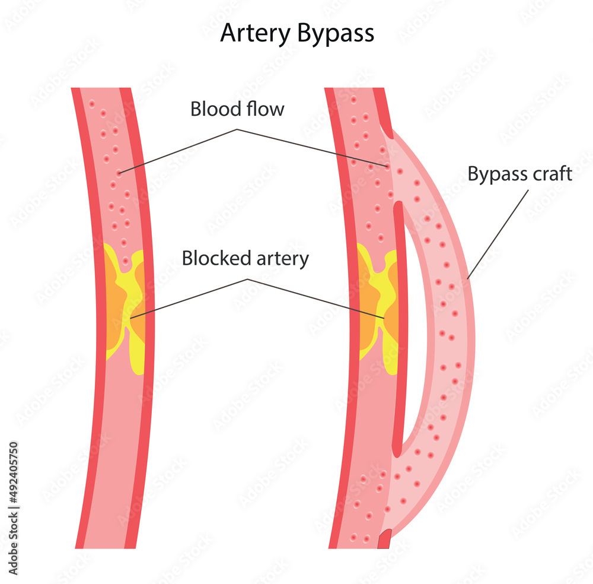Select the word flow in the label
pyautogui.click(x=265, y=109)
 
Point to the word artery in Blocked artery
pyautogui.click(x=282, y=259)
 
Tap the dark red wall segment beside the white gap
pyautogui.click(x=403, y=326)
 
